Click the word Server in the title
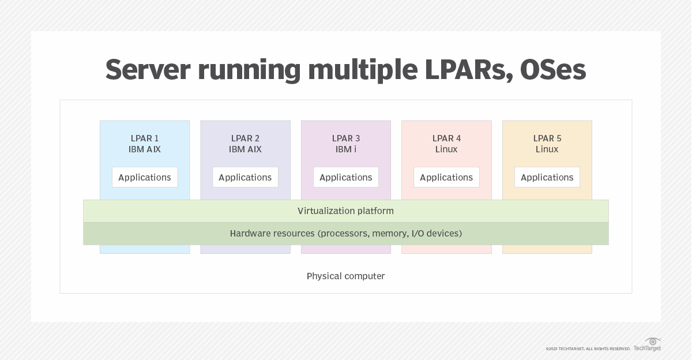[148, 70]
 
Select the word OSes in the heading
[552, 70]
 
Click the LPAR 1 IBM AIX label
[145, 144]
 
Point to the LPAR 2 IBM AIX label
[245, 144]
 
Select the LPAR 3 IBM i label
[346, 144]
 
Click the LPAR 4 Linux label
[446, 144]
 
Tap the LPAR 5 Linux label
[547, 144]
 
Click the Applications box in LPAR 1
[145, 177]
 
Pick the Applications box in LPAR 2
[245, 177]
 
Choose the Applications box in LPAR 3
[346, 177]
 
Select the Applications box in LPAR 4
[446, 177]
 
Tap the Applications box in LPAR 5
[547, 177]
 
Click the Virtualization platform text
[346, 211]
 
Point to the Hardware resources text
[346, 234]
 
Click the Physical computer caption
[346, 276]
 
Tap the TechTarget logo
[648, 345]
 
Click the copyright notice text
[588, 349]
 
